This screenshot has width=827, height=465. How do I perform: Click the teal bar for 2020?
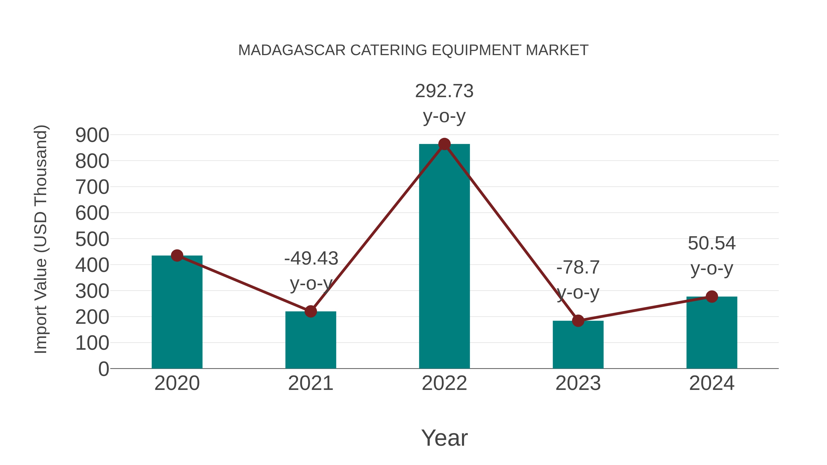(x=177, y=315)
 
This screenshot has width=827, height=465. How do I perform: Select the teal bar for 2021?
(x=310, y=342)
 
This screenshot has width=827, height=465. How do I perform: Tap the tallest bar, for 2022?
(x=444, y=257)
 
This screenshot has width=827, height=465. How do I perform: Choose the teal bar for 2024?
(x=712, y=334)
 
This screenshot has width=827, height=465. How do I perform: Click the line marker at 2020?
(x=177, y=256)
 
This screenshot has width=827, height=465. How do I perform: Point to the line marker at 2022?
(x=444, y=144)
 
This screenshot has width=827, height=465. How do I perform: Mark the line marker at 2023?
(x=578, y=321)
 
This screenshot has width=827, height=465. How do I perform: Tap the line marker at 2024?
(x=712, y=296)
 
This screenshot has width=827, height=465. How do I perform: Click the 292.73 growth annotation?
(x=444, y=91)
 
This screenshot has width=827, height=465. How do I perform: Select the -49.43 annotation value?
(x=311, y=259)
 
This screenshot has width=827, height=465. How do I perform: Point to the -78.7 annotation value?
(x=578, y=267)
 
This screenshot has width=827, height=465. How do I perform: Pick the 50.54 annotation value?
(x=712, y=243)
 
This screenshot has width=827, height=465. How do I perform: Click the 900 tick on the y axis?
(x=92, y=135)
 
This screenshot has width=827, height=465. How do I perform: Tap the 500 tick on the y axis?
(x=92, y=240)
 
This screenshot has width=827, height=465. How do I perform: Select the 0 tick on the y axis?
(x=103, y=369)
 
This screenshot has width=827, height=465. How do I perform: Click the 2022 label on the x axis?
(x=444, y=383)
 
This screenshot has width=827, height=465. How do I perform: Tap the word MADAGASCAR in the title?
(x=292, y=50)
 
